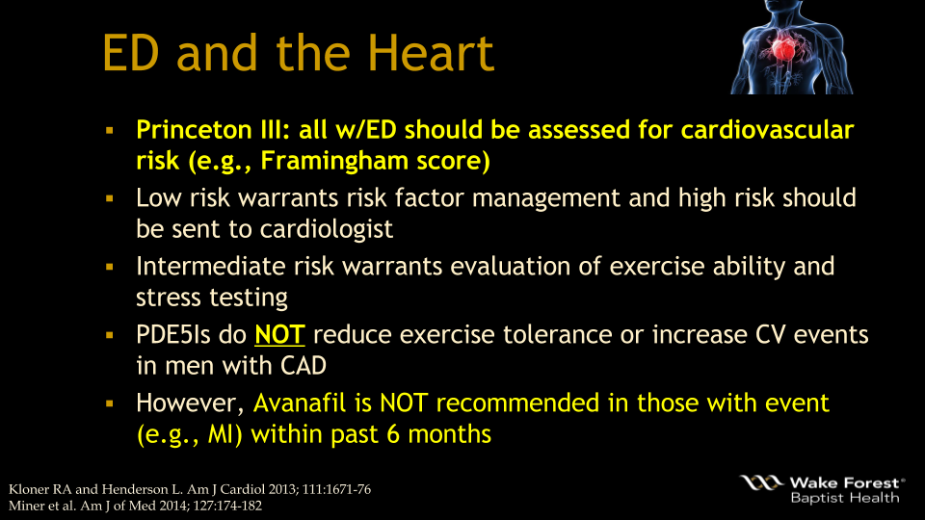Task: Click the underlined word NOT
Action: pyautogui.click(x=279, y=335)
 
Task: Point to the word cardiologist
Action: pyautogui.click(x=334, y=229)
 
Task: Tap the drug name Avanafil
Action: pyautogui.click(x=306, y=402)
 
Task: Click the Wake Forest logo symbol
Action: pyautogui.click(x=762, y=481)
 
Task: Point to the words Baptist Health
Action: pyautogui.click(x=844, y=498)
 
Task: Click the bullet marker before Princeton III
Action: pyautogui.click(x=110, y=129)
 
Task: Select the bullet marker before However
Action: pyautogui.click(x=110, y=402)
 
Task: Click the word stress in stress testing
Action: pyautogui.click(x=170, y=298)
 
